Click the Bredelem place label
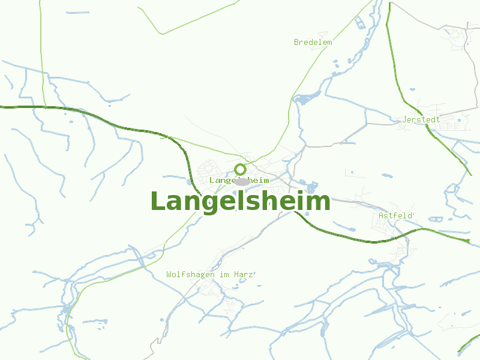point(313,43)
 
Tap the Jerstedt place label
point(421,119)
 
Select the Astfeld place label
point(395,215)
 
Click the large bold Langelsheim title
point(240,202)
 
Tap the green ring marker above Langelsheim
point(240,169)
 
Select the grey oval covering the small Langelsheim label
point(242,181)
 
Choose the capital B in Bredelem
point(296,43)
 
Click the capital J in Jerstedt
point(405,119)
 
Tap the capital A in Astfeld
point(381,215)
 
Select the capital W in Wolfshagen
point(169,274)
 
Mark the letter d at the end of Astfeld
point(410,215)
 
